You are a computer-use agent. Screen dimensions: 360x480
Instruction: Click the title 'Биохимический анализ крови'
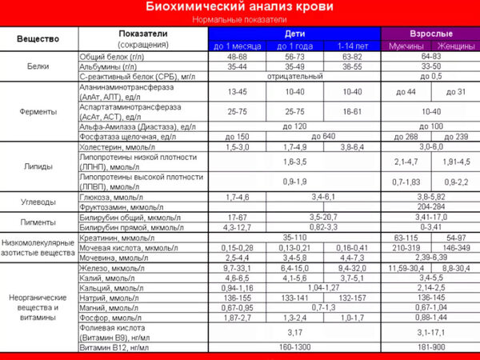coord(239,7)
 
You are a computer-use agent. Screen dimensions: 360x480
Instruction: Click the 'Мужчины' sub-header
coord(406,46)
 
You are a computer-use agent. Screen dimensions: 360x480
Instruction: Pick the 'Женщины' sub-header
coord(456,46)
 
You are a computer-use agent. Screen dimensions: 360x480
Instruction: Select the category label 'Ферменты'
coord(38,110)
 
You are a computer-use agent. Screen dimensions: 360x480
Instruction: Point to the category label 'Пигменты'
coord(38,222)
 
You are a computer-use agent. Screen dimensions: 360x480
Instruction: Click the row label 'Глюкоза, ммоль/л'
coord(111,195)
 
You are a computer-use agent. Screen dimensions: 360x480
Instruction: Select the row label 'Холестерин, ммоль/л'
coord(115,148)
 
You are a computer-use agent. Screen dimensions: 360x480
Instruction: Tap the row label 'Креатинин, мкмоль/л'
coord(115,238)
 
